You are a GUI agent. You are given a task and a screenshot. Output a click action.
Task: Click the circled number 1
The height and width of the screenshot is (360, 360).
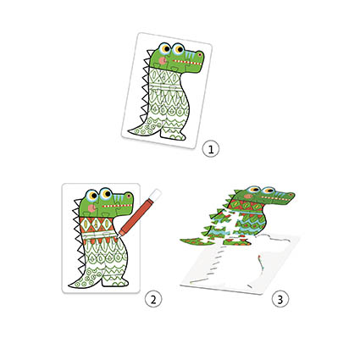211,149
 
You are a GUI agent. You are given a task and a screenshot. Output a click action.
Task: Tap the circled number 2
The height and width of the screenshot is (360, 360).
153,299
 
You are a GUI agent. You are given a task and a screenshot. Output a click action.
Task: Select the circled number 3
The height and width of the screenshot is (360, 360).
280,299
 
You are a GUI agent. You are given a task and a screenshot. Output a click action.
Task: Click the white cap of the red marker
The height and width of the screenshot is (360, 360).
156,195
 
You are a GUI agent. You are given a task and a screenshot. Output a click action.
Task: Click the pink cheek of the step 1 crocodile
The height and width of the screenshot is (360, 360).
163,60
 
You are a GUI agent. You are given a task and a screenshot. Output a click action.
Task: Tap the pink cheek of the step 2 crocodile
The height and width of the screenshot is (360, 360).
91,208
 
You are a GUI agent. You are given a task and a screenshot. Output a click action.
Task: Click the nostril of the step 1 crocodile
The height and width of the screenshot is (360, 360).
200,54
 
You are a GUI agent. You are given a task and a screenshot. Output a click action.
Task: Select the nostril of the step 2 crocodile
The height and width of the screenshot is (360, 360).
129,196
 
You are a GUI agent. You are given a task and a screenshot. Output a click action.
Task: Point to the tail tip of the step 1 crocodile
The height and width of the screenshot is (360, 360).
130,131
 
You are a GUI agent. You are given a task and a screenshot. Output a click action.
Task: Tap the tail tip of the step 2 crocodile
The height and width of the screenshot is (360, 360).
70,285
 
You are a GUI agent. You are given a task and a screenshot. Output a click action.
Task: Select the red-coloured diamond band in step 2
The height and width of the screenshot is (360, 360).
97,224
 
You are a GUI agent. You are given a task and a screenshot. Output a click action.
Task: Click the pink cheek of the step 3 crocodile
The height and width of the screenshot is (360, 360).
248,196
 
